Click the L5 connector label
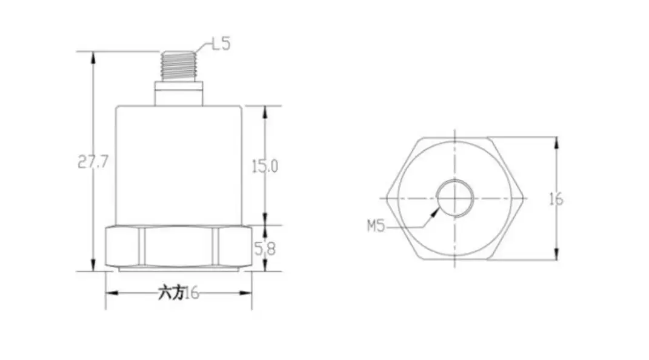221,44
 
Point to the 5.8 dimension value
265,247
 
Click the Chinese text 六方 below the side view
170,293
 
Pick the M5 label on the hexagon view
376,227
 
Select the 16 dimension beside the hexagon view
556,199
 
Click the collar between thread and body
178,94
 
